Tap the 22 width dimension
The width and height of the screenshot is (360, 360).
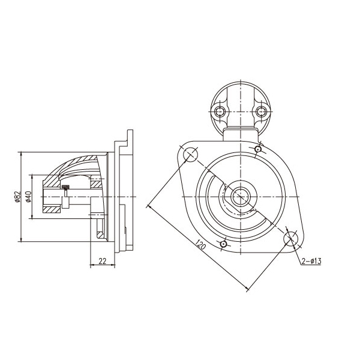click(102, 261)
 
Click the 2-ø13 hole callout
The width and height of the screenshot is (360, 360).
click(311, 261)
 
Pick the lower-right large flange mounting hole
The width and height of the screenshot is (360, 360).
click(291, 239)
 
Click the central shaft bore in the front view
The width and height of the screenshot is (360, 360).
click(241, 196)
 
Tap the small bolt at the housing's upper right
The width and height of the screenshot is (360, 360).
click(258, 149)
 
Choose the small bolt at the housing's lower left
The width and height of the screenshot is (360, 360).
click(224, 244)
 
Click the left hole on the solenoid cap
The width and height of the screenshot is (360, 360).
click(220, 112)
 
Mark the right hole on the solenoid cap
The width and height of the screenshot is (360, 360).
click(261, 112)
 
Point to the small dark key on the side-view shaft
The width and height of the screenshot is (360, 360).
click(66, 187)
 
